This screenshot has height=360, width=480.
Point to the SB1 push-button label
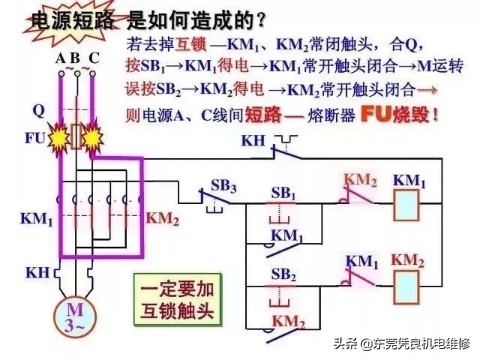285,192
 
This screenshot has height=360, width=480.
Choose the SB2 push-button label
285,272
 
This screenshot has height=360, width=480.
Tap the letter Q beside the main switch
38,107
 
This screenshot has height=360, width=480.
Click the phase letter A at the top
60,59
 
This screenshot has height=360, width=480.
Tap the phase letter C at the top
94,59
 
